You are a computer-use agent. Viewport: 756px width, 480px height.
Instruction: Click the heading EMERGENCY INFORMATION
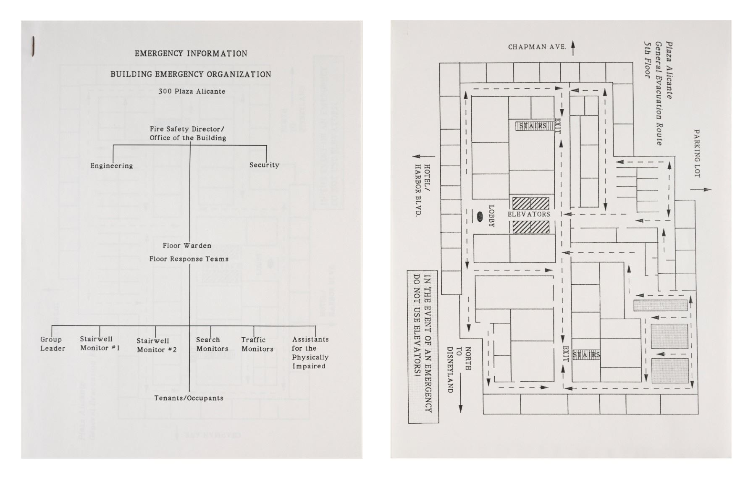point(191,54)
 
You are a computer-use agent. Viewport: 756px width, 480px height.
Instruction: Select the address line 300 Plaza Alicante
point(192,92)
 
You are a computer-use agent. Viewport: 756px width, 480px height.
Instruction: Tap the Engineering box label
point(111,166)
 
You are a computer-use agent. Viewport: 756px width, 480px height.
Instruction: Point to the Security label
point(264,165)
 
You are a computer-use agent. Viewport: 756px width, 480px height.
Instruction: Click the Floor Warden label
point(187,246)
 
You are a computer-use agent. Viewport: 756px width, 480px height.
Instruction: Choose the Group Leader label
point(52,344)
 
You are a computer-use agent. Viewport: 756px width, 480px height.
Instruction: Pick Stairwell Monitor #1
point(100,344)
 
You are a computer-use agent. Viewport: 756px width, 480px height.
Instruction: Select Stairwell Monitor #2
point(156,345)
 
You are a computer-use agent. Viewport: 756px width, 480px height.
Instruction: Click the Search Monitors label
point(212,344)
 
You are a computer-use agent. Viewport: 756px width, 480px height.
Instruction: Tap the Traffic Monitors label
point(257,344)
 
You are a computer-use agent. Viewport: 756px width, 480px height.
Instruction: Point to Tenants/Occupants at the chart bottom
point(189,398)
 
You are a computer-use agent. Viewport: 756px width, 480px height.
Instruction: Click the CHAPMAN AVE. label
point(537,47)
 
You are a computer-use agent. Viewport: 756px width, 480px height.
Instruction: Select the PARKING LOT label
point(697,153)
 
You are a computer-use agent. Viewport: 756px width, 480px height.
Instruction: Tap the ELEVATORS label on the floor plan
point(529,214)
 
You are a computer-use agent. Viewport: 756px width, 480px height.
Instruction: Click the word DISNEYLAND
point(449,370)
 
